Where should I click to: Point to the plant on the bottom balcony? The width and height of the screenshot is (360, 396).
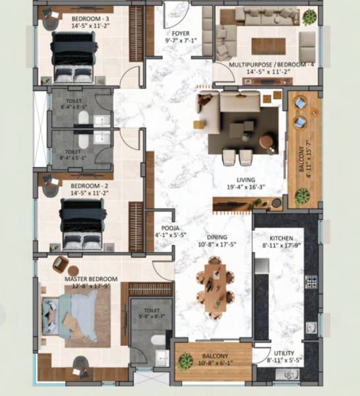pyautogui.click(x=187, y=361)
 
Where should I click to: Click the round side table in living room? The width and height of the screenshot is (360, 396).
pyautogui.click(x=266, y=141)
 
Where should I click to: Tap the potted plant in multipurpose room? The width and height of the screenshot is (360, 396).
pyautogui.click(x=308, y=18)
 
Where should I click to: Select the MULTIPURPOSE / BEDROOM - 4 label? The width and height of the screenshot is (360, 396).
pyautogui.click(x=272, y=65)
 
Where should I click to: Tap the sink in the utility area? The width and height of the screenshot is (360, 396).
pyautogui.click(x=290, y=374)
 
